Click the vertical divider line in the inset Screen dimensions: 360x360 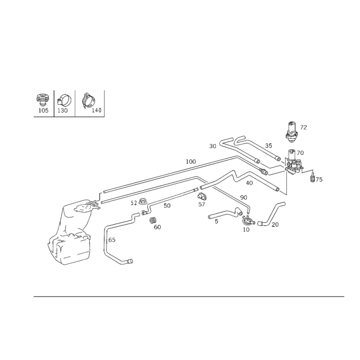54,103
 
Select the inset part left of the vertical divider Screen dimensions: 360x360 42,102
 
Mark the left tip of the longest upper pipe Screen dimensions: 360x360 102,192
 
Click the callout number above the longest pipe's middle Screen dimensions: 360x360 192,161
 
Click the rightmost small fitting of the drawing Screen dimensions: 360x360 316,178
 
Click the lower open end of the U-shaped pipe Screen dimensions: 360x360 130,261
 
